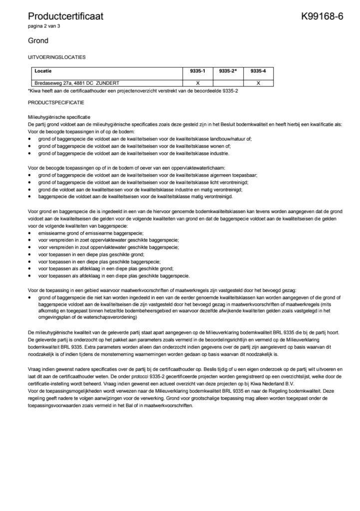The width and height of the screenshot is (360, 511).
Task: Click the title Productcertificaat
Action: (x=65, y=16)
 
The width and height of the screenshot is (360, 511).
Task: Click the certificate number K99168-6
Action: (x=322, y=16)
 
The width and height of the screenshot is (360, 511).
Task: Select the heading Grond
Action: (x=38, y=41)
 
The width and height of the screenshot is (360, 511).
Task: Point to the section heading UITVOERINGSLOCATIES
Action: (x=56, y=57)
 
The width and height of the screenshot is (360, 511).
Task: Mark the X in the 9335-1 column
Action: (x=198, y=83)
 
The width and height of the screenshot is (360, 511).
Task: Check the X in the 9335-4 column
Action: (x=258, y=83)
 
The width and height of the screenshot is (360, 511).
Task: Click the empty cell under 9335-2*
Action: (x=228, y=83)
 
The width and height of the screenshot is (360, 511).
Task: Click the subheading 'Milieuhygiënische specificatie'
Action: (x=59, y=116)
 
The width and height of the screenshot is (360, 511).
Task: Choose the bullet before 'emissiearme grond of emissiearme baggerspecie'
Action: (x=30, y=234)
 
